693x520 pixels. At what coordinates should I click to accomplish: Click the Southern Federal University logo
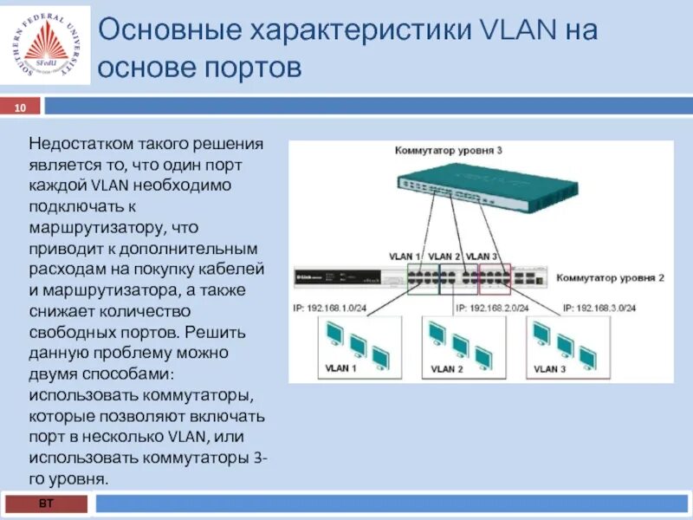(47, 45)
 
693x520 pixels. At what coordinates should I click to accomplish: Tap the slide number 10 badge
(20, 107)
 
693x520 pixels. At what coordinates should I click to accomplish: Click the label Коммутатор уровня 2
(610, 277)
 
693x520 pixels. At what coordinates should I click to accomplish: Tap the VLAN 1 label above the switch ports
(405, 257)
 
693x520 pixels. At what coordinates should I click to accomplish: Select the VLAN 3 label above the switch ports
(482, 257)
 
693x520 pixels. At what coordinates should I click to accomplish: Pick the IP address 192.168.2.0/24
(491, 308)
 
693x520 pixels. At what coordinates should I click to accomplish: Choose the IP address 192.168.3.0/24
(599, 308)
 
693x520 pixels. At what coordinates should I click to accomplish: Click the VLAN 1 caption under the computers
(340, 368)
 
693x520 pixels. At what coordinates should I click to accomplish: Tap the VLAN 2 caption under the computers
(447, 370)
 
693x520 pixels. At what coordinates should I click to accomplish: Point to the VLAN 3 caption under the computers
(550, 368)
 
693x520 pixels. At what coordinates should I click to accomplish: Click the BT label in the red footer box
(44, 504)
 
